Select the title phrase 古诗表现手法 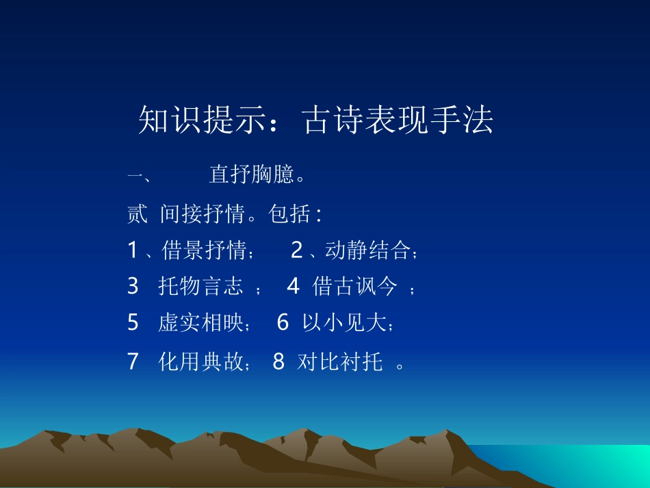pyautogui.click(x=398, y=121)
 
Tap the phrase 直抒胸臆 pyautogui.click(x=252, y=176)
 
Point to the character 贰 pyautogui.click(x=137, y=214)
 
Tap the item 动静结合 pyautogui.click(x=367, y=251)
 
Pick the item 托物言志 pyautogui.click(x=200, y=287)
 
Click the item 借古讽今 pyautogui.click(x=354, y=287)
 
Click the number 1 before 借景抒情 pyautogui.click(x=133, y=251)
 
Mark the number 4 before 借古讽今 pyautogui.click(x=293, y=287)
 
